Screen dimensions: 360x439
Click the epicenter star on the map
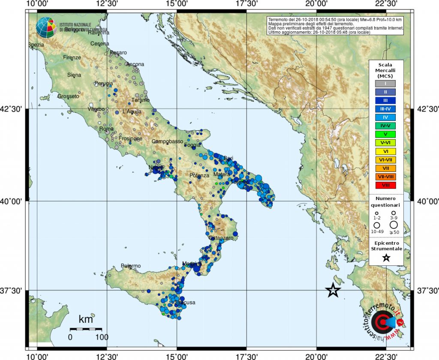click(334, 291)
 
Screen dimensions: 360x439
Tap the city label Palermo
click(131, 266)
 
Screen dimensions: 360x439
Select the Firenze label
click(72, 57)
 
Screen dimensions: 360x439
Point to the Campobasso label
click(167, 141)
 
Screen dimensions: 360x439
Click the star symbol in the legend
click(386, 258)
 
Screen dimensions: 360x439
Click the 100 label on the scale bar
click(102, 337)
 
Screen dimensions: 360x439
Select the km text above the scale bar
click(86, 319)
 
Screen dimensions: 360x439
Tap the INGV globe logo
click(46, 27)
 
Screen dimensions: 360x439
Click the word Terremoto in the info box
click(278, 20)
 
